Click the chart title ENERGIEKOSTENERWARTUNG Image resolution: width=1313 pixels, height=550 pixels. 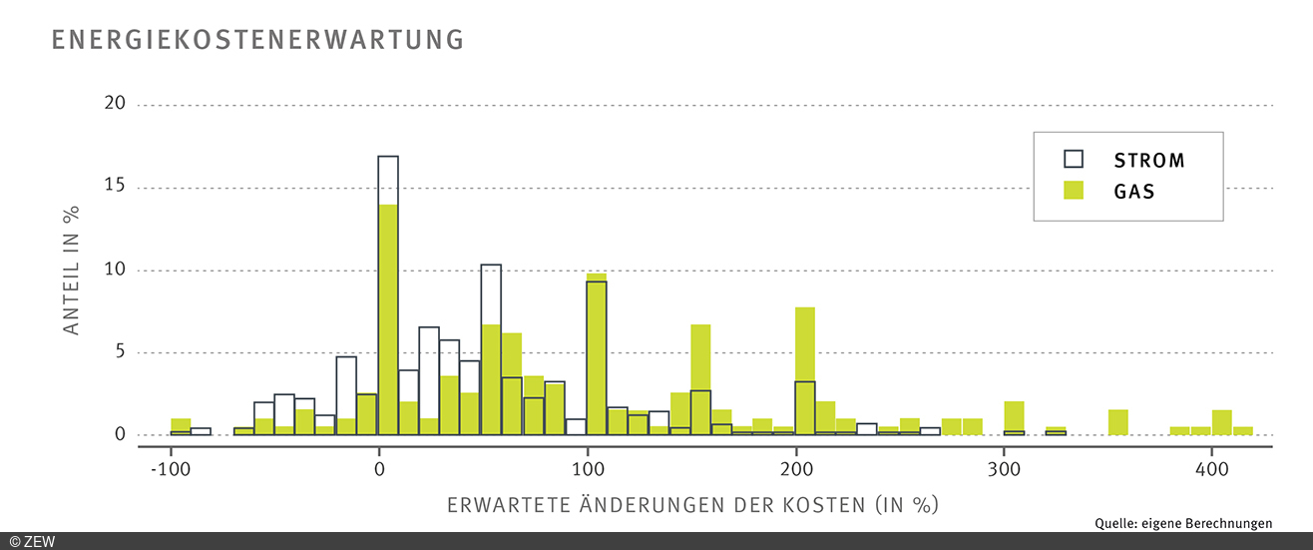click(x=257, y=39)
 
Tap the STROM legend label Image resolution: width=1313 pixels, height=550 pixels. click(x=1149, y=160)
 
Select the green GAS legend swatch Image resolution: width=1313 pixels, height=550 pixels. click(x=1074, y=191)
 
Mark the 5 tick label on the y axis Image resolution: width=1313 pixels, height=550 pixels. click(x=120, y=352)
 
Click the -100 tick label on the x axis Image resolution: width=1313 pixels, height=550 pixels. click(x=171, y=468)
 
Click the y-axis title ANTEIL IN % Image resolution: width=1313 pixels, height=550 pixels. click(x=72, y=271)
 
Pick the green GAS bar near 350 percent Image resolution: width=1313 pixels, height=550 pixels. click(x=1118, y=422)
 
